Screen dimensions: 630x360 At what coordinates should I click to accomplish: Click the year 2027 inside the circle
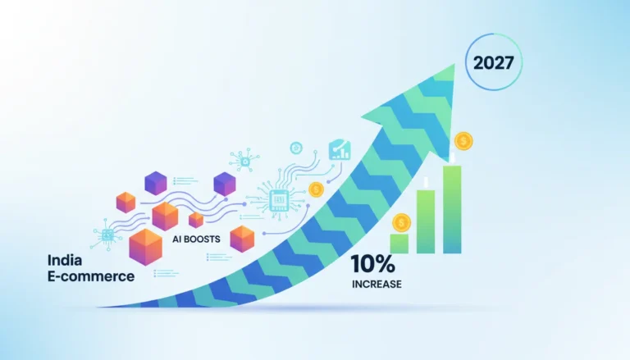click(493, 62)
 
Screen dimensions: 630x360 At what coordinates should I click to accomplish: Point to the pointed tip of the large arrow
click(454, 64)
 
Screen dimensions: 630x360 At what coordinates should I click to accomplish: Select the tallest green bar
click(452, 209)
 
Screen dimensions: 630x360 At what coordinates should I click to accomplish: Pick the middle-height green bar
click(426, 221)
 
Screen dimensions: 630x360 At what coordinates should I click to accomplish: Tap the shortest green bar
click(399, 244)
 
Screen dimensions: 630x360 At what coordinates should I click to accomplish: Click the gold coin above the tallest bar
click(463, 141)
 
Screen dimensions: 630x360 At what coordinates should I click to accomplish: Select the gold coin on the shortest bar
click(401, 222)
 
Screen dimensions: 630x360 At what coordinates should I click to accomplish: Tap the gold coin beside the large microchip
click(316, 189)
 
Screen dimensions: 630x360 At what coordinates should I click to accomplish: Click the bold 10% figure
click(373, 263)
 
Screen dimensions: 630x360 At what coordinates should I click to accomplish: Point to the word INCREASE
click(377, 284)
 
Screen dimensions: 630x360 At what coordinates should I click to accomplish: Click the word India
click(65, 260)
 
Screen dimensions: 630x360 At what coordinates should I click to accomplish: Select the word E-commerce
click(91, 276)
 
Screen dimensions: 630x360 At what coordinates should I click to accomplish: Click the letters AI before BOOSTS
click(177, 239)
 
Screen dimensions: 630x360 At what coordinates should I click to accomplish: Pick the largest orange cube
click(145, 247)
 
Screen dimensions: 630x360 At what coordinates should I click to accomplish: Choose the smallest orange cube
click(196, 220)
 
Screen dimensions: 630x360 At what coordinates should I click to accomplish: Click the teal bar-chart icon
click(340, 150)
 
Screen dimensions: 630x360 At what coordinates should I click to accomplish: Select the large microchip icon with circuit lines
click(279, 200)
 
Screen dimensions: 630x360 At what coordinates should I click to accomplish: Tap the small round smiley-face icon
click(296, 148)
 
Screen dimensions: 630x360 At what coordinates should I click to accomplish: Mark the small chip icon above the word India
click(107, 235)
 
